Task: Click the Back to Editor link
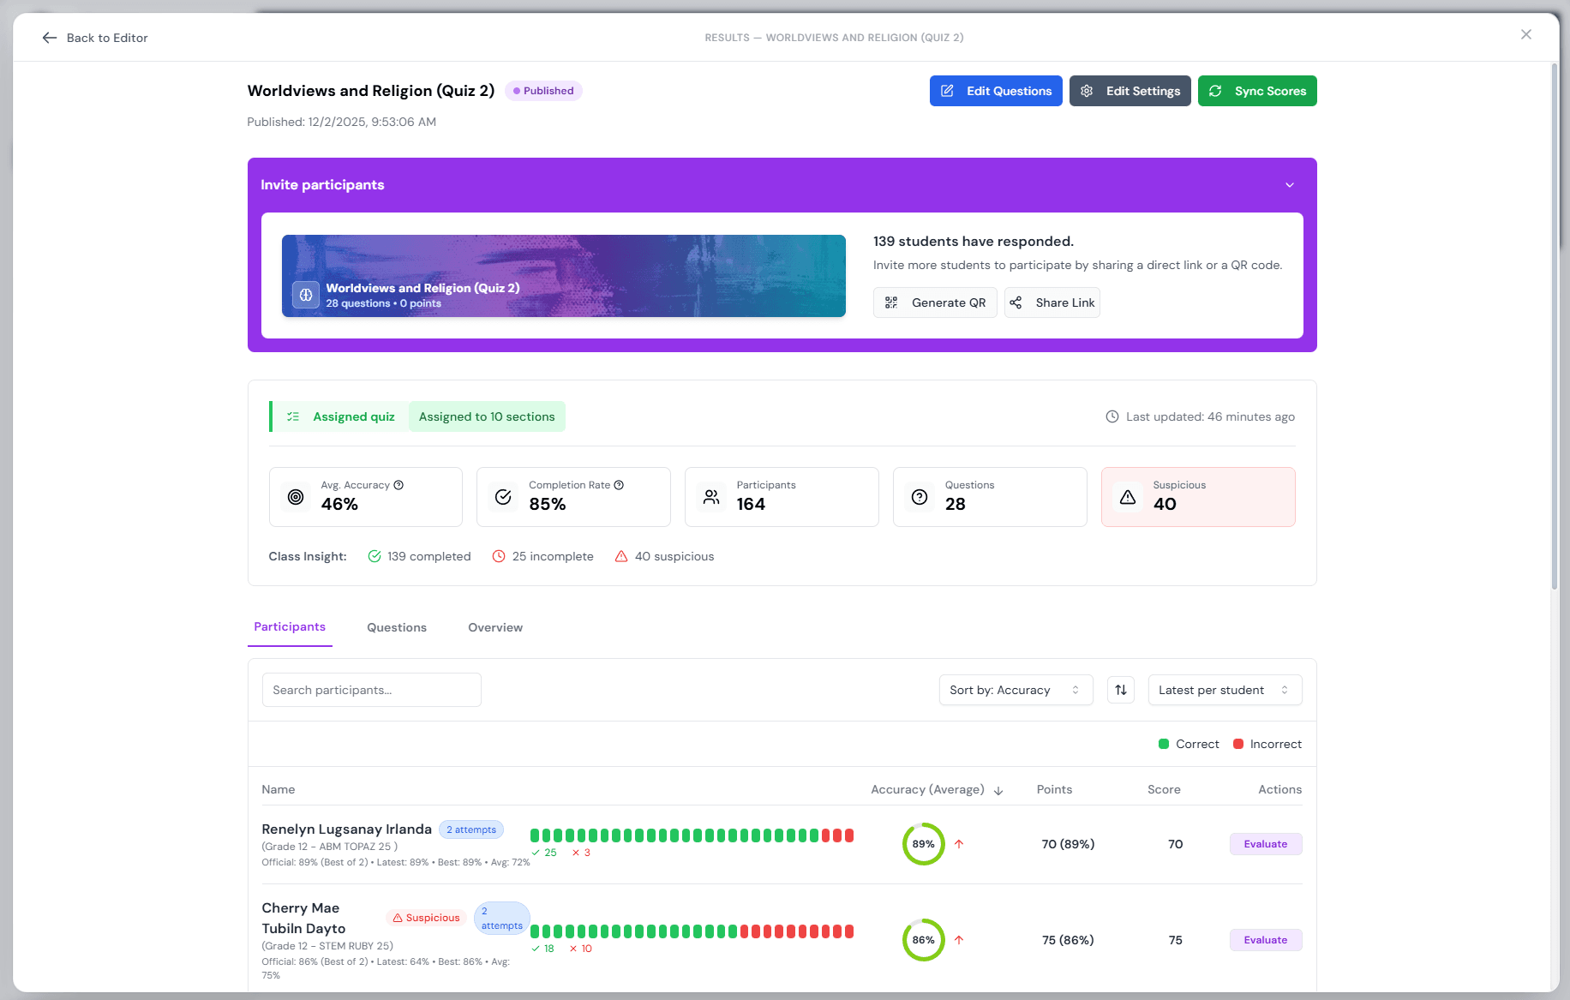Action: coord(95,38)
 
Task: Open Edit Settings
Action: coord(1130,91)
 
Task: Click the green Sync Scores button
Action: coord(1256,91)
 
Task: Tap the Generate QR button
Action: coord(935,302)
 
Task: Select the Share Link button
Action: coord(1052,302)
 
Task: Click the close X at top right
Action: coord(1525,34)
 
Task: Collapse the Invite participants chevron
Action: coord(1289,185)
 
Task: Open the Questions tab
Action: coord(397,627)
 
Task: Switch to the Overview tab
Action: coord(495,627)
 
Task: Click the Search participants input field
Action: coord(371,690)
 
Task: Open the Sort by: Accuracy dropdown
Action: coord(1016,690)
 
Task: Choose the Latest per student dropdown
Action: coord(1224,690)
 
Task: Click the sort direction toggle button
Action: coord(1121,690)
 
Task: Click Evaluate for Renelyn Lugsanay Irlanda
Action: coord(1265,844)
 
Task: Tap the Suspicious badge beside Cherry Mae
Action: coord(426,918)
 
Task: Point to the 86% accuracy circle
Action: coord(923,940)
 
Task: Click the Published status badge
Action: coord(543,91)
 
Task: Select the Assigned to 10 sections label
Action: coord(487,416)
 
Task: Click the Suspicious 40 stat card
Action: coord(1197,497)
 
